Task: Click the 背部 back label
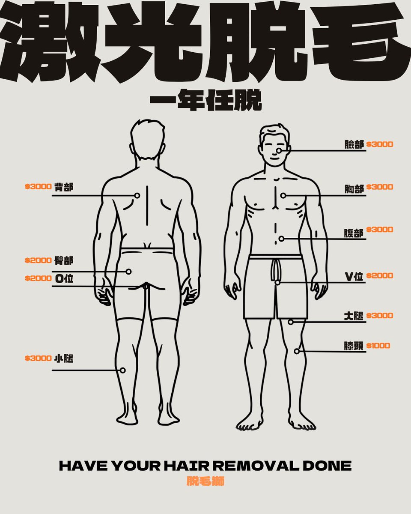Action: (x=64, y=187)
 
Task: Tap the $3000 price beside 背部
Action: (x=38, y=187)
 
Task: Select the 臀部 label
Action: (x=64, y=260)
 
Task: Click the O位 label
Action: (x=64, y=278)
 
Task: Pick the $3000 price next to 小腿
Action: (x=38, y=358)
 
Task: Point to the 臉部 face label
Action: (x=354, y=144)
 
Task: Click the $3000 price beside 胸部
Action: (x=380, y=187)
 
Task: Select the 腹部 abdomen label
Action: (x=354, y=233)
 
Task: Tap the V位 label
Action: (x=354, y=277)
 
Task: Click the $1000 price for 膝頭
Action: (x=378, y=346)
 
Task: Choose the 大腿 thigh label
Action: (x=354, y=316)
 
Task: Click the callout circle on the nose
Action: (x=279, y=151)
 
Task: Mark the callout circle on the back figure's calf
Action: (x=123, y=370)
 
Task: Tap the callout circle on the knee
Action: (x=297, y=351)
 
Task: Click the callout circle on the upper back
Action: (x=137, y=195)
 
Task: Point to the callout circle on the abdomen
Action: (x=282, y=239)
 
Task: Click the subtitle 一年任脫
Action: (x=205, y=100)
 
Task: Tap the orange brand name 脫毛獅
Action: (x=205, y=481)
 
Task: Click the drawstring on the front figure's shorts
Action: (x=276, y=270)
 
